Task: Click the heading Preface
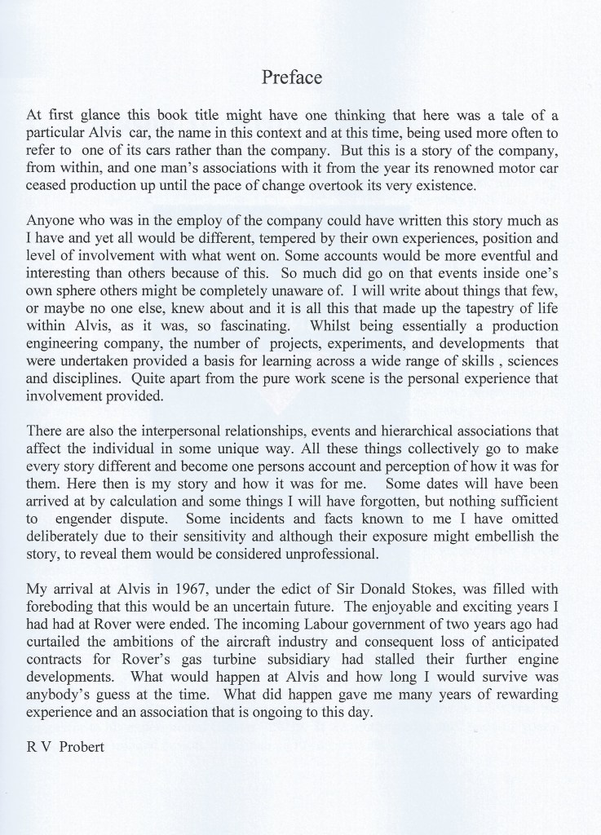[x=292, y=77]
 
